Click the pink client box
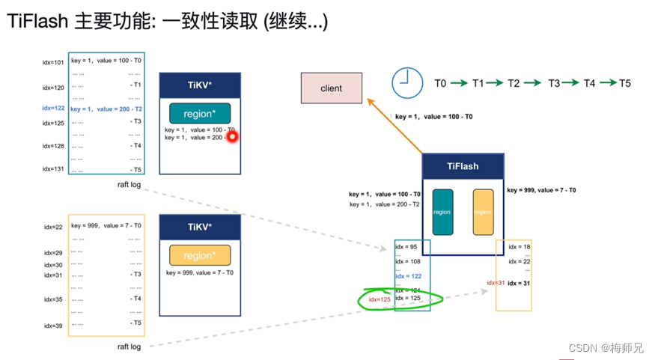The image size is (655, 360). click(x=331, y=88)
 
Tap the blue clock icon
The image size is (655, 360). click(x=406, y=82)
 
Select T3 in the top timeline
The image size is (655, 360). click(x=553, y=83)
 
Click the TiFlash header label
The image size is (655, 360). click(x=463, y=166)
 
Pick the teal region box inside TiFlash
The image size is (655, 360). click(x=442, y=212)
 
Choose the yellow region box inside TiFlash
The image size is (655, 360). click(x=483, y=212)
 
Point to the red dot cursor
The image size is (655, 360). click(x=232, y=137)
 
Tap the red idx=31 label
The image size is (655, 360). click(x=496, y=283)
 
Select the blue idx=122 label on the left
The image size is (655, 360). click(x=53, y=109)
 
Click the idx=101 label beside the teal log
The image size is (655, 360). click(x=53, y=62)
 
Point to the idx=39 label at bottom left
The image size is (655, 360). click(x=53, y=326)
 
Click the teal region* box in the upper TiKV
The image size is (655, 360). click(x=200, y=114)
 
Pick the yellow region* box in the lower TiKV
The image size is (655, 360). click(x=200, y=255)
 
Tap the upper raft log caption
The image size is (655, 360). click(x=129, y=183)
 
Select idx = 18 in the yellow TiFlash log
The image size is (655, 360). click(x=520, y=247)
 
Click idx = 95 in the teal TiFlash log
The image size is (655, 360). click(x=408, y=247)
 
